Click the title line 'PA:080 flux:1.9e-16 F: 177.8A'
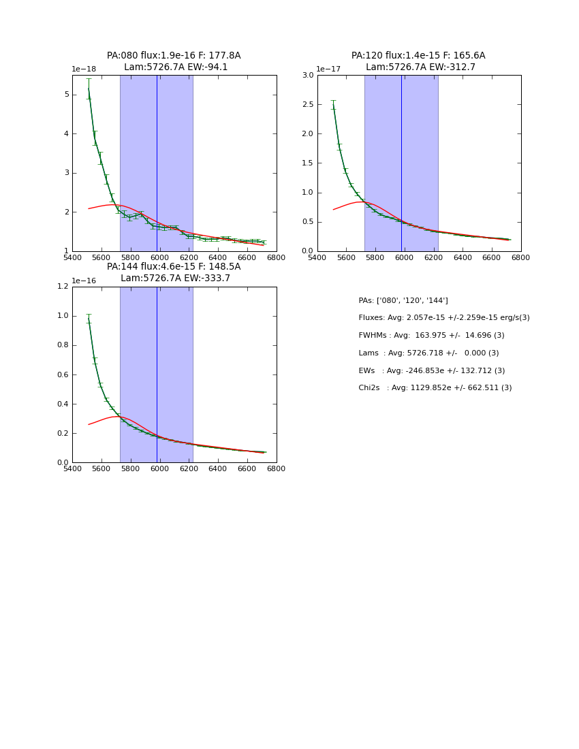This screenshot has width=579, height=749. (x=174, y=56)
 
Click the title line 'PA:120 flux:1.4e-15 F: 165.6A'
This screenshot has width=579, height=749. (x=418, y=56)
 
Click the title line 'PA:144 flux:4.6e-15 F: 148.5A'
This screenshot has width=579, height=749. (x=174, y=267)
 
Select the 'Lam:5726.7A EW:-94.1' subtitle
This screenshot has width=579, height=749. (x=176, y=67)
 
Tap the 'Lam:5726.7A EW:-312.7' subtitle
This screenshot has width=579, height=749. (x=420, y=67)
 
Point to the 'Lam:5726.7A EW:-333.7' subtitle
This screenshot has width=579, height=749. (x=176, y=278)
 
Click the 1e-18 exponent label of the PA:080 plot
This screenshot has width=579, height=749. (x=84, y=69)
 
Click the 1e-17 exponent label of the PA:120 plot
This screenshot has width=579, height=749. (x=329, y=69)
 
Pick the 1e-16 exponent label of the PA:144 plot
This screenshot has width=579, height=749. (x=84, y=281)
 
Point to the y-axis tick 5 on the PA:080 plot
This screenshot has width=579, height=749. (x=65, y=95)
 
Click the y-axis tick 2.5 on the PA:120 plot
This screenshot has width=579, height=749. (x=307, y=104)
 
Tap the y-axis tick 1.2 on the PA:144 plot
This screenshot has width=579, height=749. (x=62, y=287)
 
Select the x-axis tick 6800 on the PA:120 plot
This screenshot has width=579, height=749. (x=521, y=258)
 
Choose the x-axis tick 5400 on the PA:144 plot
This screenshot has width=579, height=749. (x=72, y=469)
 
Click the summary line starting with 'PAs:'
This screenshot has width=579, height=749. (x=403, y=301)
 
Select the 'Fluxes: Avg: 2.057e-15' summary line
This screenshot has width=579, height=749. (x=444, y=318)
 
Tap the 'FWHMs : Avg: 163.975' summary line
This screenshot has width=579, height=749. (x=431, y=336)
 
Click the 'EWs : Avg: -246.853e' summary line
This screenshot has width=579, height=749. (x=432, y=371)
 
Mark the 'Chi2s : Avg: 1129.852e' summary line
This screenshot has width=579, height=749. (x=435, y=388)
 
